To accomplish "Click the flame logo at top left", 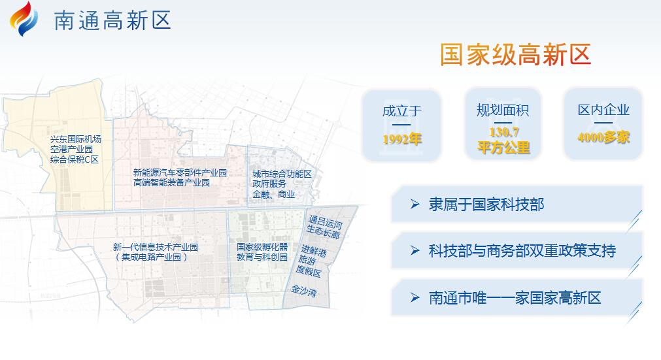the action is (x=24, y=19).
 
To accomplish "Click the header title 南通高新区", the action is (x=112, y=20).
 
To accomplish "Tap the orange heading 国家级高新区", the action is (x=516, y=54).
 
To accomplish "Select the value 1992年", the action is (x=401, y=139).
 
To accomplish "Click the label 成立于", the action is (x=401, y=111).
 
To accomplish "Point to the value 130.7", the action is (x=504, y=133).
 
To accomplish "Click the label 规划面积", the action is (x=503, y=110).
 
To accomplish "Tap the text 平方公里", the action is (x=504, y=148).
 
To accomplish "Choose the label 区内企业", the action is (x=603, y=110).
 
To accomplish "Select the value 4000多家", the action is (x=603, y=137).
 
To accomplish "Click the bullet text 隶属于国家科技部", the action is (x=486, y=205).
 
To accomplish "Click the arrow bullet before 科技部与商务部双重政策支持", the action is (x=415, y=251).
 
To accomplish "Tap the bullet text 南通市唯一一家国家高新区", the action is (x=515, y=298).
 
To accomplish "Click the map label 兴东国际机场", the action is (x=76, y=139).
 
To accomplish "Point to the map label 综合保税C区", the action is (x=75, y=159).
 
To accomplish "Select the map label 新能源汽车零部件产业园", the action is (x=180, y=172).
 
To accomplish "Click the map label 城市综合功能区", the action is (x=282, y=174).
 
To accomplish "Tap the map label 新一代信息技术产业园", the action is (x=155, y=247).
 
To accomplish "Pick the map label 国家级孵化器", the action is (x=262, y=247).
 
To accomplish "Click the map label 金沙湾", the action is (x=304, y=291).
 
